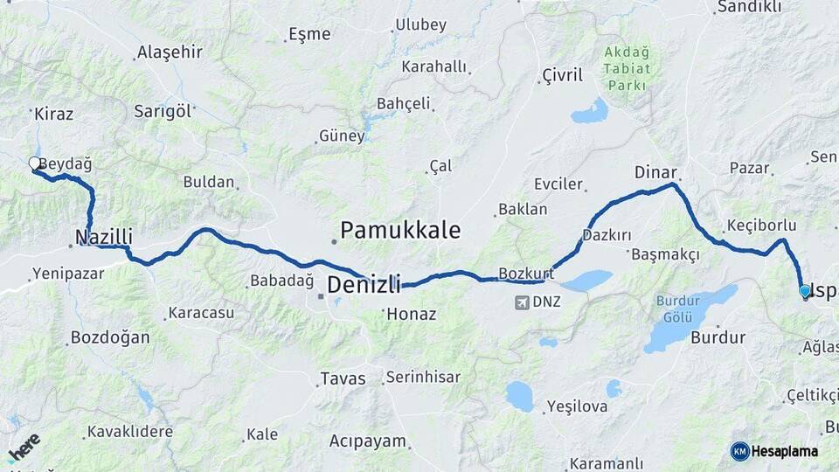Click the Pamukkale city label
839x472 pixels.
pos(399,231)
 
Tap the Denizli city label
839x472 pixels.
pos(364,285)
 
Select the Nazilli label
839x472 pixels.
pos(104,237)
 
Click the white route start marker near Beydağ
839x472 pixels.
pos(34,163)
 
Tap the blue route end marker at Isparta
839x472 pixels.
pos(805,291)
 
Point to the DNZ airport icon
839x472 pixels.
pos(523,302)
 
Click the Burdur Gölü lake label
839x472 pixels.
pos(677,309)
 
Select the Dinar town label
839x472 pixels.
pos(656,172)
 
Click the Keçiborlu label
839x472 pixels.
pos(760,226)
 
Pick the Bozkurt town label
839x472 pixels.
pos(526,274)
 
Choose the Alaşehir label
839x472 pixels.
pos(170,52)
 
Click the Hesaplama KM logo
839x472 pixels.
pos(775,451)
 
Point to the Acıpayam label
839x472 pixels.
pos(368,441)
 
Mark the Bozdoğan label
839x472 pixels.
pos(110,337)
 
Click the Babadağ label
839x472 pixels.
pos(281,281)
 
